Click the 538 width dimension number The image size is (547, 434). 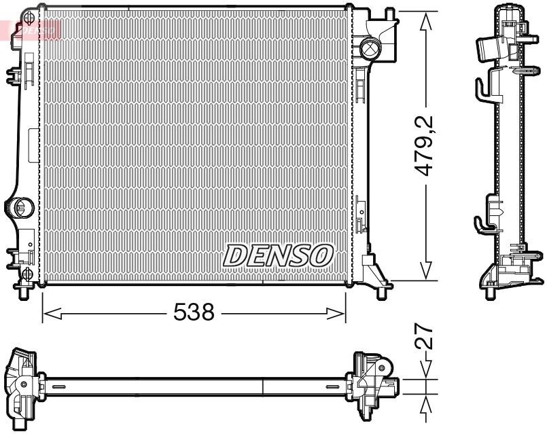click(194, 312)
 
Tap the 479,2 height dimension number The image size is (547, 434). click(426, 146)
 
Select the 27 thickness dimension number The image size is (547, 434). click(426, 338)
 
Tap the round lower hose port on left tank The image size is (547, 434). click(20, 206)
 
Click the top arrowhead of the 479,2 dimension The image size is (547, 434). click(426, 22)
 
